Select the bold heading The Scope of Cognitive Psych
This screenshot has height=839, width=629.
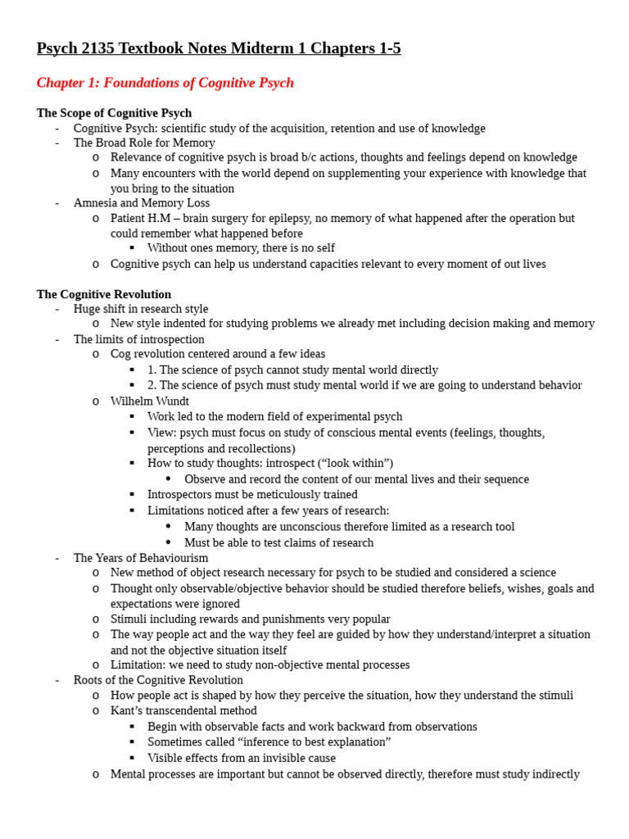coord(114,113)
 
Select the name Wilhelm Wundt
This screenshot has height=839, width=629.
coord(149,401)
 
